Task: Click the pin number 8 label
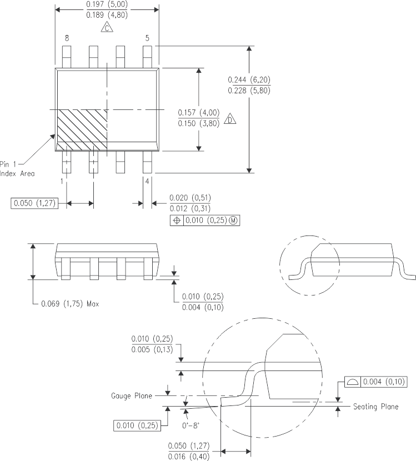pyautogui.click(x=67, y=38)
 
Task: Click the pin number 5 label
pyautogui.click(x=147, y=38)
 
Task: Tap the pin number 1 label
pyautogui.click(x=62, y=181)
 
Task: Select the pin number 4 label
pyautogui.click(x=147, y=181)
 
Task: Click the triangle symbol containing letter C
pyautogui.click(x=107, y=28)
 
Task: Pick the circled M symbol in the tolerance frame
pyautogui.click(x=233, y=221)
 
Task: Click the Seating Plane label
pyautogui.click(x=375, y=407)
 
